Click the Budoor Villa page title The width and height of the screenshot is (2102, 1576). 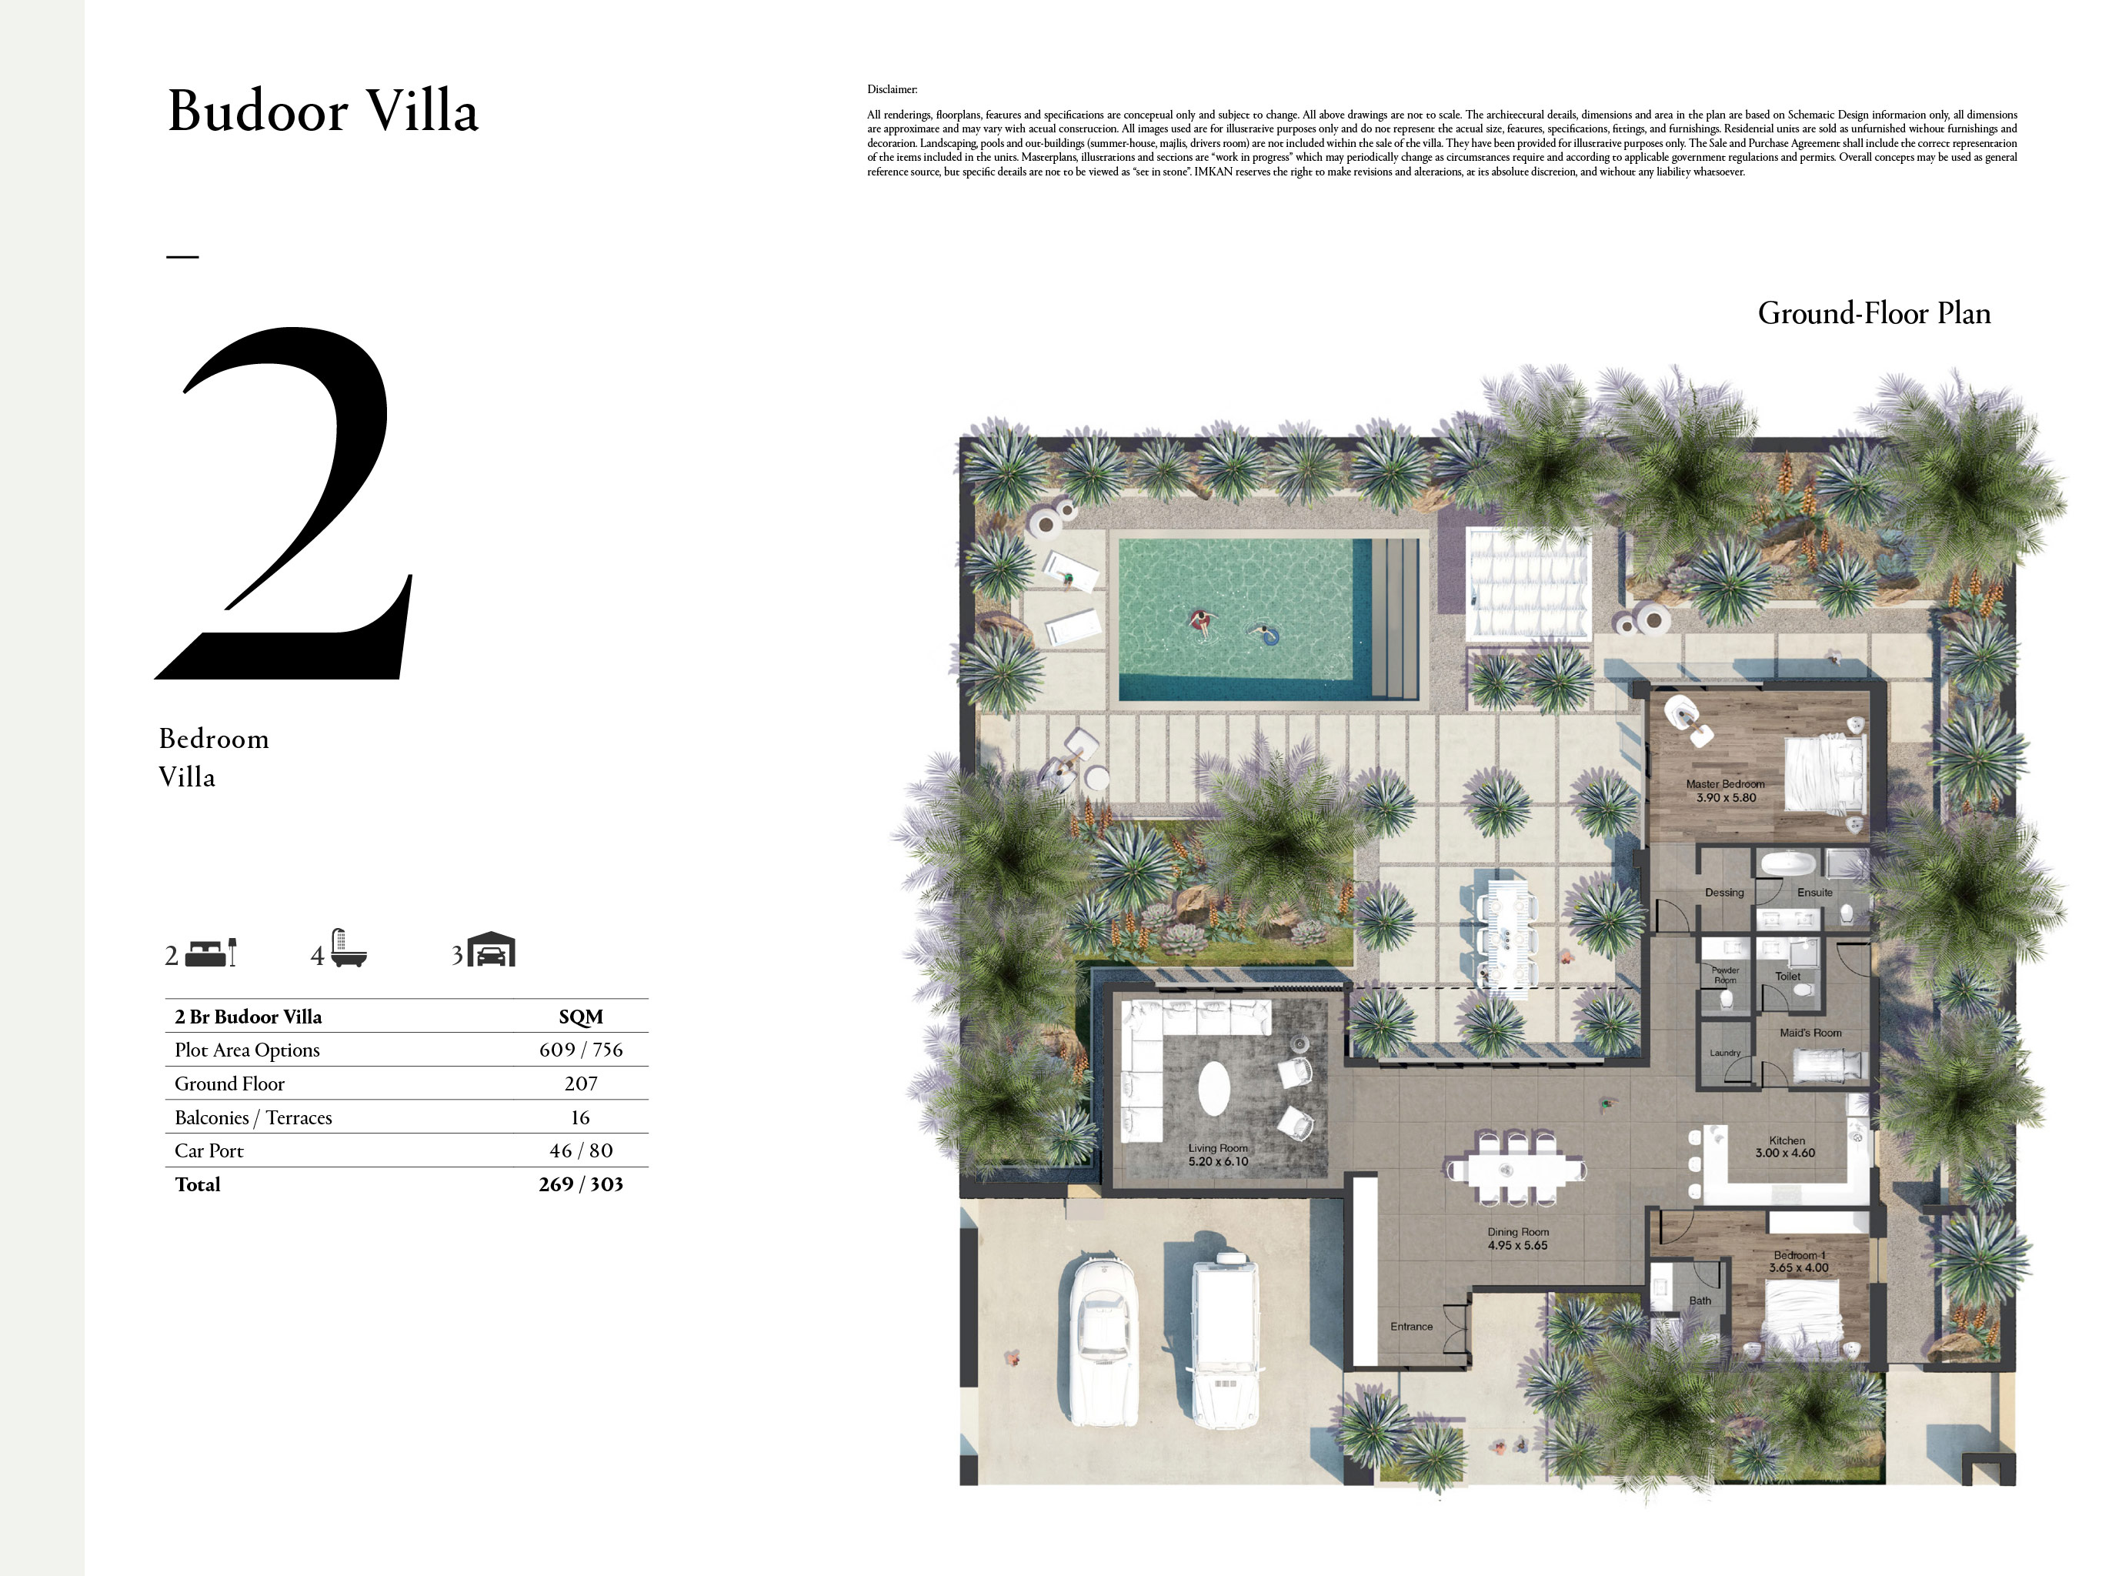(323, 112)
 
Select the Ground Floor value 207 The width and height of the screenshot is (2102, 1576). (581, 1083)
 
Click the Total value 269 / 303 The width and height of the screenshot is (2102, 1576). (581, 1184)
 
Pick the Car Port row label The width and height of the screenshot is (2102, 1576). (209, 1151)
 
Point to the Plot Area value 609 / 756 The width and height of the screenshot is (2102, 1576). (581, 1050)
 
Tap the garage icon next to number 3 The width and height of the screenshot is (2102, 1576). (492, 950)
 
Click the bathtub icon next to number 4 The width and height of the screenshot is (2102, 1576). (348, 950)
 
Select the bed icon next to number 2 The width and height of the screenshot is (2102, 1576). (210, 953)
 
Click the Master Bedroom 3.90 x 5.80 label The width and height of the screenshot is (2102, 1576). (1726, 791)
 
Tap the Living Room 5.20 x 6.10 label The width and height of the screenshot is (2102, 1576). (1217, 1155)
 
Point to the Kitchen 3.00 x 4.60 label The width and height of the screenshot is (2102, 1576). (1786, 1147)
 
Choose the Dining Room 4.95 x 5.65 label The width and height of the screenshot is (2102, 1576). (1517, 1238)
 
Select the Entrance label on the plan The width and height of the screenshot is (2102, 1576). (1411, 1327)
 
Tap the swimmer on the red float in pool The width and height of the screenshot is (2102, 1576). (1201, 623)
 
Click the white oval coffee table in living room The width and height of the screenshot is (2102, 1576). (1214, 1088)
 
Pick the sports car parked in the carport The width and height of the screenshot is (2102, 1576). (1103, 1341)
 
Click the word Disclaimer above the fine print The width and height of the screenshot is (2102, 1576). (892, 89)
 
